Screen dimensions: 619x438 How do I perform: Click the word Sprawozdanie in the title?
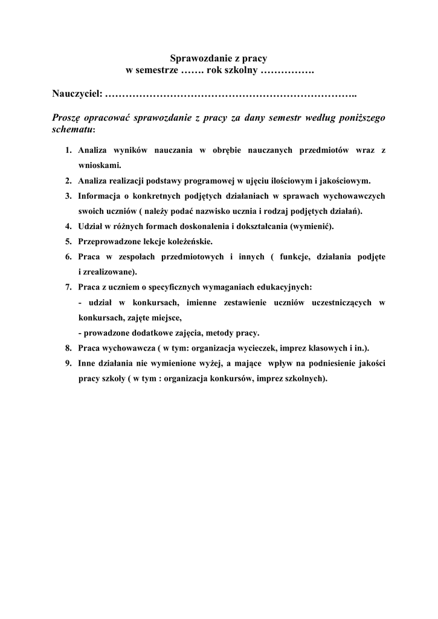pyautogui.click(x=196, y=59)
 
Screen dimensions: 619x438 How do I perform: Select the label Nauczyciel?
pyautogui.click(x=77, y=95)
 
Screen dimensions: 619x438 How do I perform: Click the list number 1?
pyautogui.click(x=68, y=149)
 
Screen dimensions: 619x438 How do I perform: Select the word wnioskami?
pyautogui.click(x=100, y=164)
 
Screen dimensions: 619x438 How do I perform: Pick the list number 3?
pyautogui.click(x=68, y=196)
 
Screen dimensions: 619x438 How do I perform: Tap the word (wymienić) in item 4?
pyautogui.click(x=312, y=226)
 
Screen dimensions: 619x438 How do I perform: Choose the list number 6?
pyautogui.click(x=68, y=256)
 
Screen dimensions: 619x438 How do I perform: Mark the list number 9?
pyautogui.click(x=68, y=363)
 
